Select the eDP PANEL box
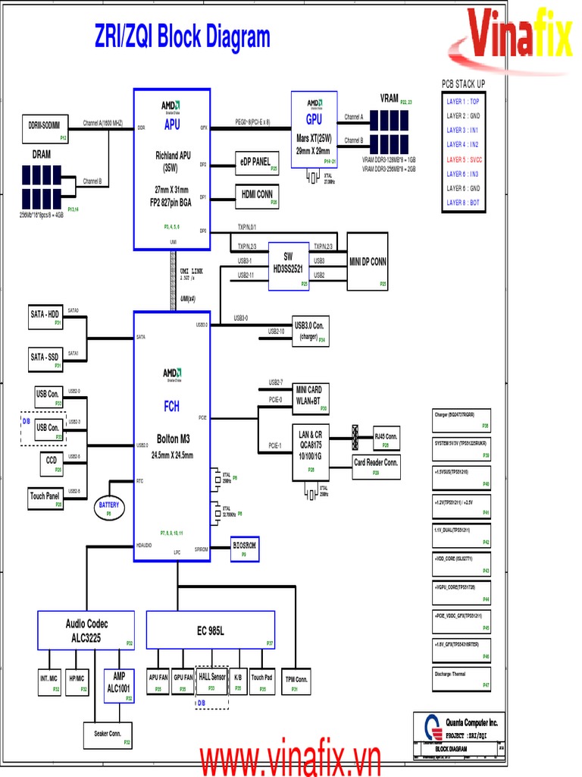(257, 162)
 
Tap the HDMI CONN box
(257, 195)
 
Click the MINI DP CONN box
(368, 262)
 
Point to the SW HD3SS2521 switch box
(289, 266)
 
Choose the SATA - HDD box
(45, 316)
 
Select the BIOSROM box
(245, 548)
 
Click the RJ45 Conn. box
(386, 439)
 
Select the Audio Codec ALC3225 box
(86, 630)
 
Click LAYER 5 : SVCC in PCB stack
(464, 160)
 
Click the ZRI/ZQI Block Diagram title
(182, 36)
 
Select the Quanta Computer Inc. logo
(429, 725)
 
